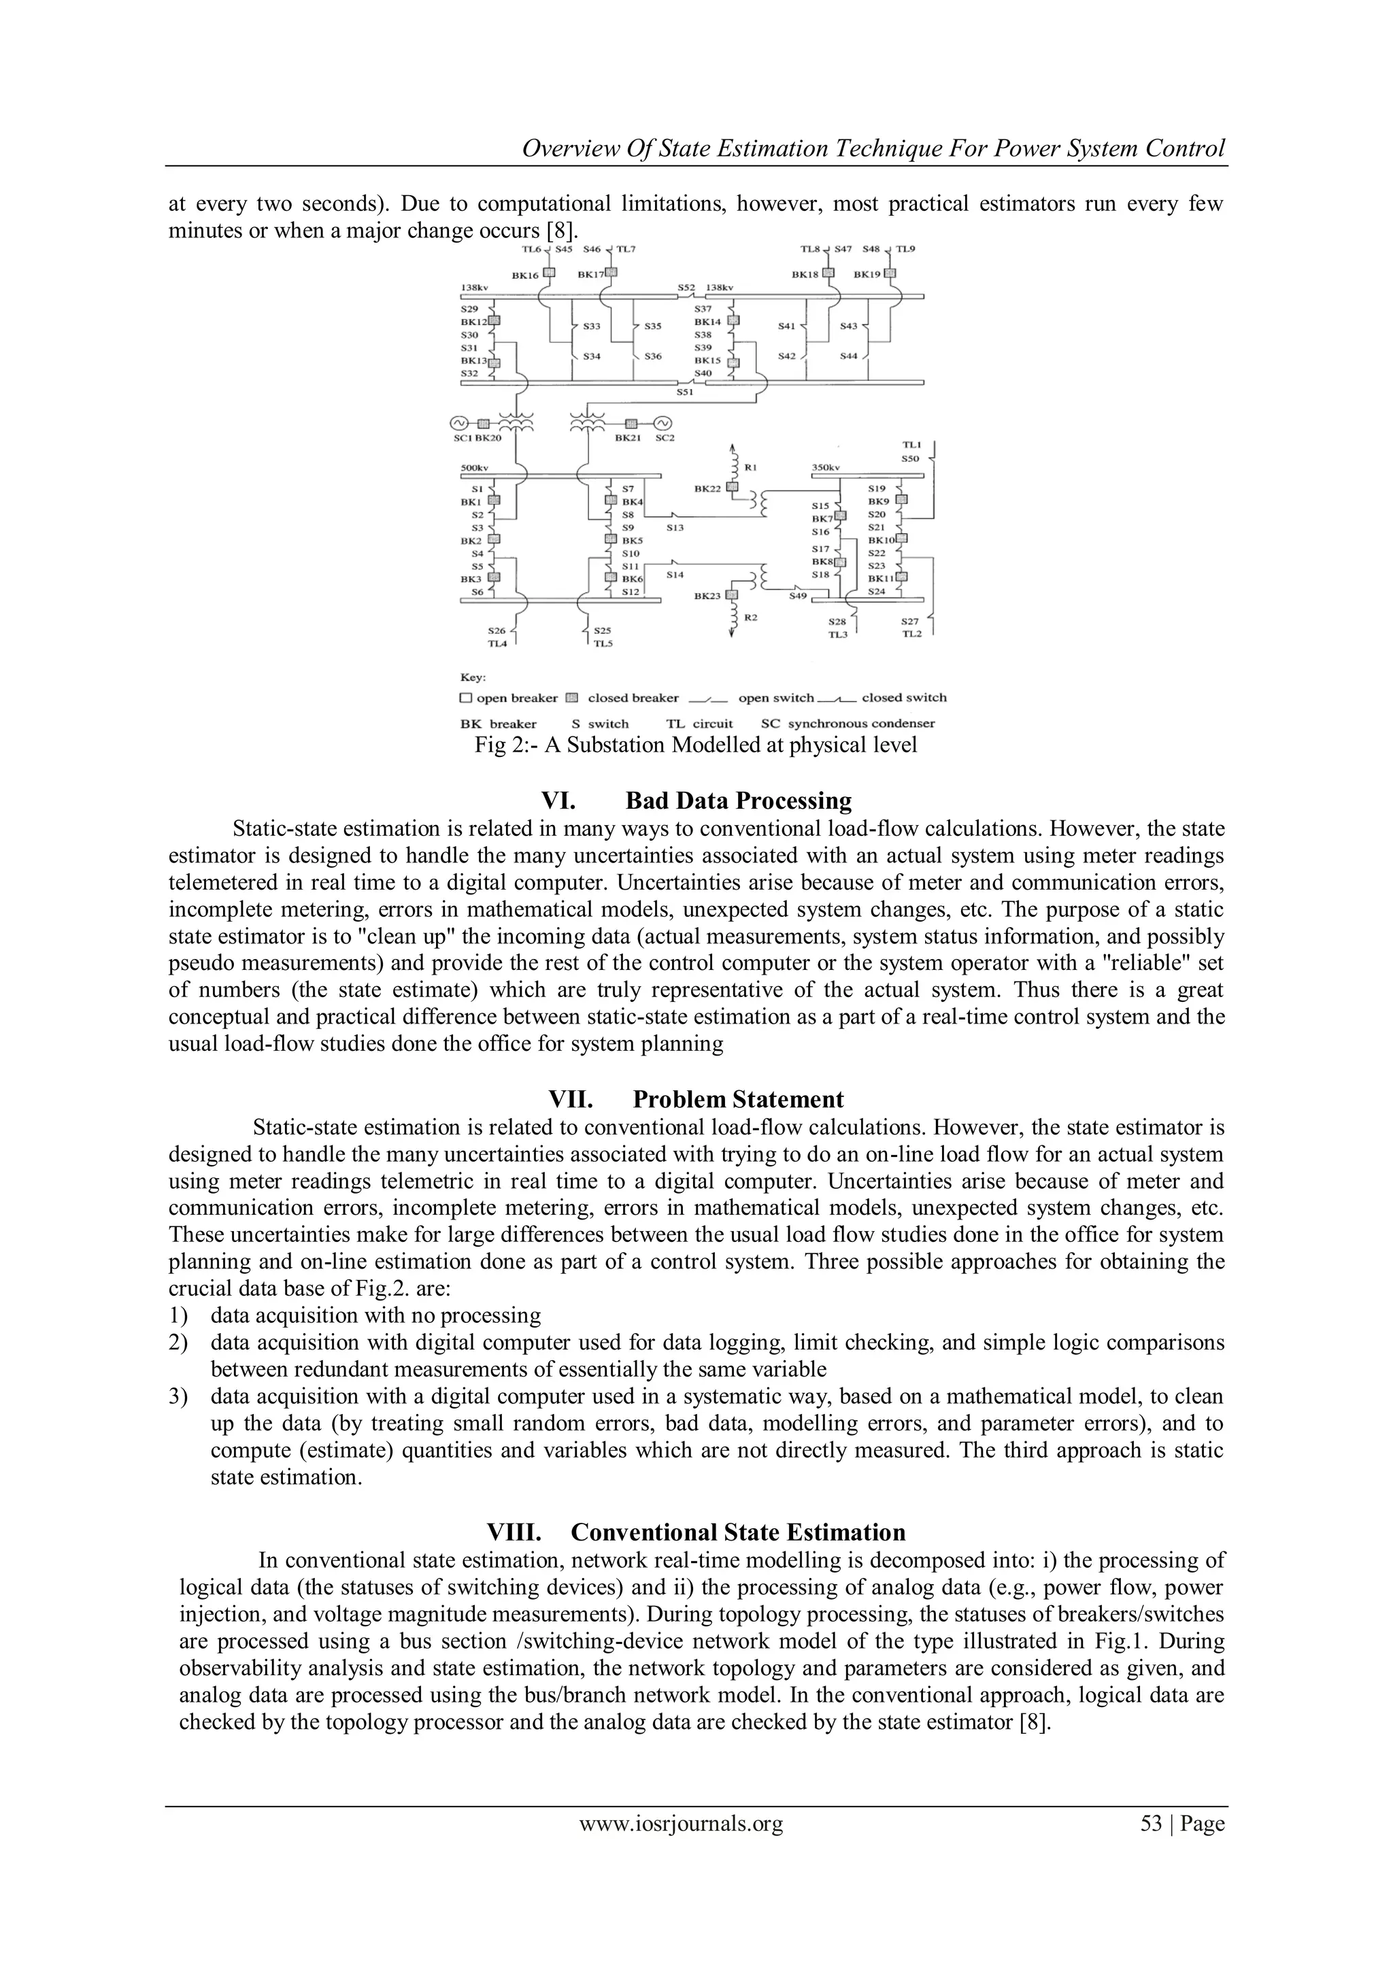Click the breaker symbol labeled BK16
(x=550, y=274)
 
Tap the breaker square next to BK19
(x=890, y=274)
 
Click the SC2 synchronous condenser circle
(x=663, y=423)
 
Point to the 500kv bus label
(x=474, y=468)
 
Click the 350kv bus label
(x=826, y=468)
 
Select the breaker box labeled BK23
(x=732, y=595)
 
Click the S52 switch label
(x=686, y=288)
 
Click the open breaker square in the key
(x=467, y=698)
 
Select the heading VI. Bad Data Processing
(x=696, y=801)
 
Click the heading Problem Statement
(x=738, y=1099)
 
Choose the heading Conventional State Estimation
(x=738, y=1532)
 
